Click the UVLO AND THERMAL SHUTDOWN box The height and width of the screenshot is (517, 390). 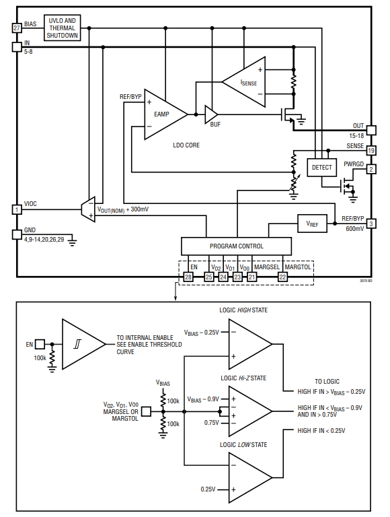coord(63,28)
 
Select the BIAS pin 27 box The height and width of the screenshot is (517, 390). coord(17,28)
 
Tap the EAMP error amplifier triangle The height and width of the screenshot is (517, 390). coord(166,114)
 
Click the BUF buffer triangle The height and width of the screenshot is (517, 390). coord(211,114)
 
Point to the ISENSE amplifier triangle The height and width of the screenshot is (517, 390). coord(244,82)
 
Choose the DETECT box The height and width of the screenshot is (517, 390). coord(322,168)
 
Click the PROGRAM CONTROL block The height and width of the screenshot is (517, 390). coord(237,246)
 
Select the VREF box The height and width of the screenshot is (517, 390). coord(312,224)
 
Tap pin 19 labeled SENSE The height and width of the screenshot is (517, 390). coord(371,151)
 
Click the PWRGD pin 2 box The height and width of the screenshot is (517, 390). coord(371,169)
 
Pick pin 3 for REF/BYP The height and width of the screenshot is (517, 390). coord(371,224)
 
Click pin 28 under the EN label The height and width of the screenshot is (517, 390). coord(188,277)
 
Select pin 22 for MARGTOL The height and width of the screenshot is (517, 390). coord(282,277)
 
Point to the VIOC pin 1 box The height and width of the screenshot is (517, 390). coord(17,209)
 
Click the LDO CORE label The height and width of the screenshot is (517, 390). coord(186,145)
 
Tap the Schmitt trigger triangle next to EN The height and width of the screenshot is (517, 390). coord(83,344)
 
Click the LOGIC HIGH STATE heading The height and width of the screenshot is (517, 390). coord(243,310)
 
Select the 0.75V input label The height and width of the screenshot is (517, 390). coord(211,422)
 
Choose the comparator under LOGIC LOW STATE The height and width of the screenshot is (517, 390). coord(250,477)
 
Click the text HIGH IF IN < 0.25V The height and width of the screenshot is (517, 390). coord(321,431)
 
